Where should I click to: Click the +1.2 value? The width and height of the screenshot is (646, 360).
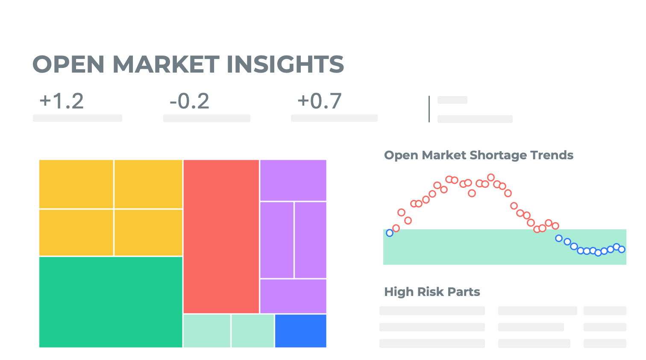pos(62,101)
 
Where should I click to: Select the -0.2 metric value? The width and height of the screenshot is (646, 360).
pos(189,101)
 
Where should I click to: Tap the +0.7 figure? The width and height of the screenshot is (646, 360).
pos(320,101)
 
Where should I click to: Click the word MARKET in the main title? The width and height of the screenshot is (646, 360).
pos(166,64)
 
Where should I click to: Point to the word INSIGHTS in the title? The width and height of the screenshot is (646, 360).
pos(285,64)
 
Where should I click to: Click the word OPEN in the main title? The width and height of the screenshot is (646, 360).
pos(68,64)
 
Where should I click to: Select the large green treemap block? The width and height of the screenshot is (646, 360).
pos(111,302)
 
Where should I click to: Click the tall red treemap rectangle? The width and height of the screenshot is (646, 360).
pos(221,236)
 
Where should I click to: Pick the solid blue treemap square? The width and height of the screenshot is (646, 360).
pos(300,331)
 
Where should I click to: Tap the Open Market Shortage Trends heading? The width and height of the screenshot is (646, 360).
pos(479,155)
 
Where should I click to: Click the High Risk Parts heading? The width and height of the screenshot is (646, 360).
pos(432,292)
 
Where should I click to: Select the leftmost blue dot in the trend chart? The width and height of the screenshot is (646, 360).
pos(390,233)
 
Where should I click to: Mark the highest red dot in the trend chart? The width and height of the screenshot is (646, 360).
pos(491,177)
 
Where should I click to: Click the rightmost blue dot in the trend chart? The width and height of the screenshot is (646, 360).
pos(622,249)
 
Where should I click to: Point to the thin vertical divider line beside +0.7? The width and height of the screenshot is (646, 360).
pos(429,109)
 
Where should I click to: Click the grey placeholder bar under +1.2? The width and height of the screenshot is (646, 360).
pos(77,118)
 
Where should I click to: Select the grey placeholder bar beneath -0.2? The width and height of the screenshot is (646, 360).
pos(206,118)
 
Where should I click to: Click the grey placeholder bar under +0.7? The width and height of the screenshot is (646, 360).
pos(334,118)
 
